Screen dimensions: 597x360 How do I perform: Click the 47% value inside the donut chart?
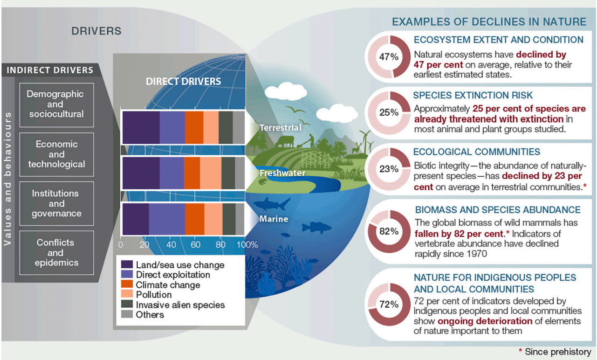click(x=389, y=57)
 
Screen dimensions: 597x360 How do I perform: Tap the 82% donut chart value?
click(x=389, y=231)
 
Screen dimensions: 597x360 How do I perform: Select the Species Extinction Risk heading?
click(x=473, y=95)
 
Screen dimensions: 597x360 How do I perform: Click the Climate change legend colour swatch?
click(x=127, y=284)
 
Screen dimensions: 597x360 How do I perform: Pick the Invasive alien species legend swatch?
click(x=127, y=304)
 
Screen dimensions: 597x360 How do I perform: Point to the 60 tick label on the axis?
click(x=195, y=244)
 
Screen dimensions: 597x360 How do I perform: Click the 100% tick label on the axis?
click(x=247, y=244)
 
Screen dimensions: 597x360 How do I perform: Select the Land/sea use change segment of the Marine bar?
click(x=136, y=219)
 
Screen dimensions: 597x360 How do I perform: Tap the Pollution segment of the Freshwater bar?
click(x=211, y=173)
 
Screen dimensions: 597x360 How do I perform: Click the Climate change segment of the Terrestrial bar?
click(x=194, y=127)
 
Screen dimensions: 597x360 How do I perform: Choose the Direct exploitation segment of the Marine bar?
click(x=167, y=219)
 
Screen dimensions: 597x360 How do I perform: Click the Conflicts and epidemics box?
click(x=56, y=253)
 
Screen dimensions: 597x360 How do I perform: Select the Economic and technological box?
click(x=56, y=154)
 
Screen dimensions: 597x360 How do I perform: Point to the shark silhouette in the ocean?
click(x=272, y=204)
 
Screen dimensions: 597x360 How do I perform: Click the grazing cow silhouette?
click(x=285, y=141)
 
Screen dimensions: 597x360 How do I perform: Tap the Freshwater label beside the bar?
click(x=282, y=173)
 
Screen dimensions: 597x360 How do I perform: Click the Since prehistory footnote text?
click(x=557, y=352)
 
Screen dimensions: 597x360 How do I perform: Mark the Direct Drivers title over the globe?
click(x=183, y=81)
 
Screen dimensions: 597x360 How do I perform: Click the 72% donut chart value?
click(x=389, y=304)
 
